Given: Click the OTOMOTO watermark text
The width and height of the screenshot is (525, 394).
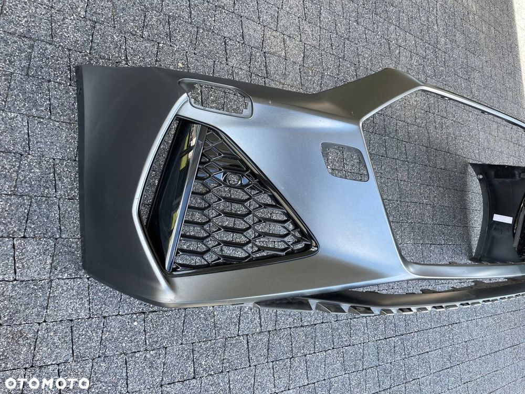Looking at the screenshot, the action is click(47, 383).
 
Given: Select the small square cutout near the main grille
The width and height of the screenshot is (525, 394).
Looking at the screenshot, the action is click(344, 161).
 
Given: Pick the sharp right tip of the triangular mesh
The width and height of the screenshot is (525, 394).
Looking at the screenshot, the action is click(316, 247).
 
